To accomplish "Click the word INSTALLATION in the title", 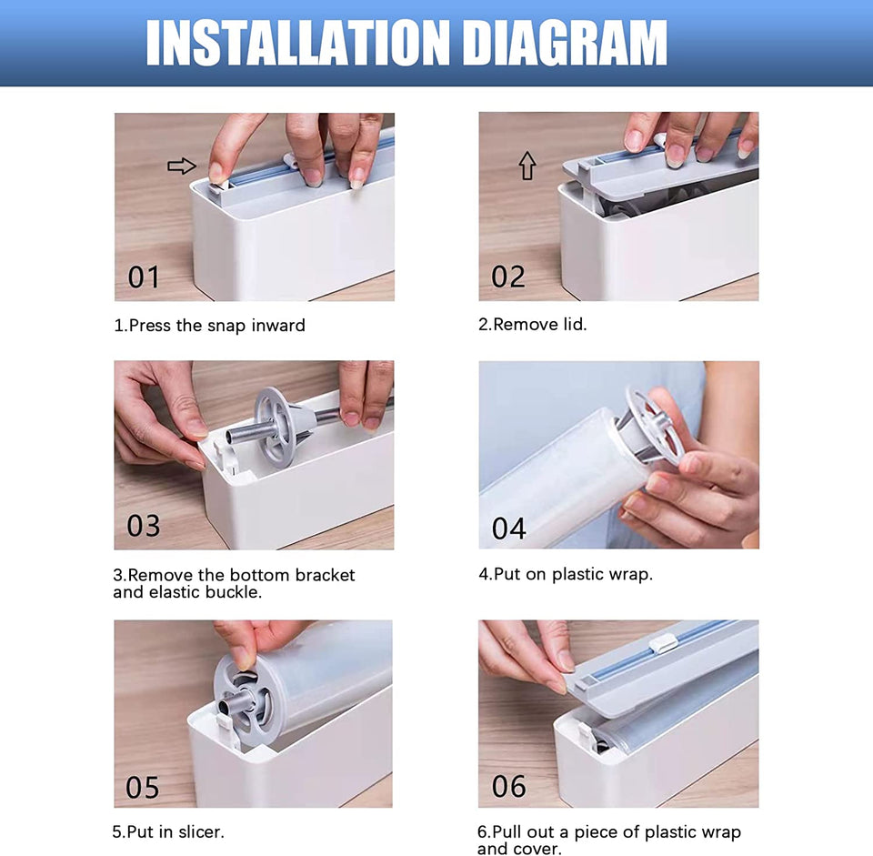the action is click(x=297, y=43).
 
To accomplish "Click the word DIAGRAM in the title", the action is click(x=565, y=43).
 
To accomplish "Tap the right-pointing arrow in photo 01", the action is click(x=182, y=166).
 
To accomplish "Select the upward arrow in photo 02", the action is click(x=527, y=166).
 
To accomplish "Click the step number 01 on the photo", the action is click(x=144, y=277).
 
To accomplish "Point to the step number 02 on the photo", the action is click(x=508, y=277).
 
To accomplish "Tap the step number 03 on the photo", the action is click(x=143, y=525).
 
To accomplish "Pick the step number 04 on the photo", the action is click(x=509, y=529).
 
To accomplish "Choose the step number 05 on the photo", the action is click(x=143, y=788).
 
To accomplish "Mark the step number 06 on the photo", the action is click(x=509, y=786).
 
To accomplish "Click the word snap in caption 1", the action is click(x=226, y=326).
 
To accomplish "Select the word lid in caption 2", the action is click(x=575, y=324).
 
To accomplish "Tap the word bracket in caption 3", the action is click(x=326, y=575).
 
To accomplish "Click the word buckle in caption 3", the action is click(x=234, y=592).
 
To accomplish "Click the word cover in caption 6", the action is click(x=538, y=849).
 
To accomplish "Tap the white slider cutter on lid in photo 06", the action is click(x=663, y=644).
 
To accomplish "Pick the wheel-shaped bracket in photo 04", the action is click(x=653, y=426).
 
